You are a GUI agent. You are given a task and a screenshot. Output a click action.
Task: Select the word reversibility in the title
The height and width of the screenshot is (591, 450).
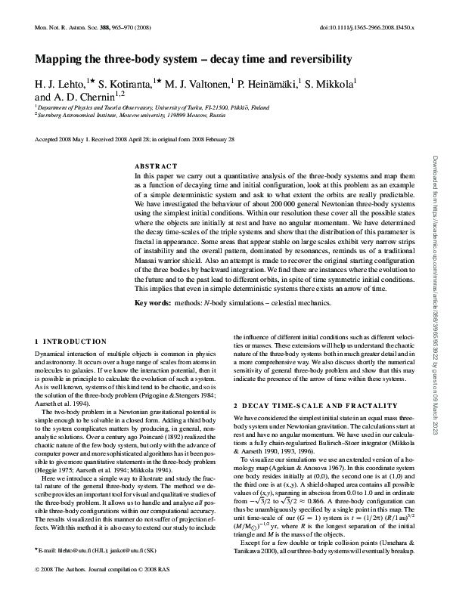[x=316, y=59]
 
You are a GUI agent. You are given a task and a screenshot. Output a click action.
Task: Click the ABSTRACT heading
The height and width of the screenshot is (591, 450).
[x=156, y=165]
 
